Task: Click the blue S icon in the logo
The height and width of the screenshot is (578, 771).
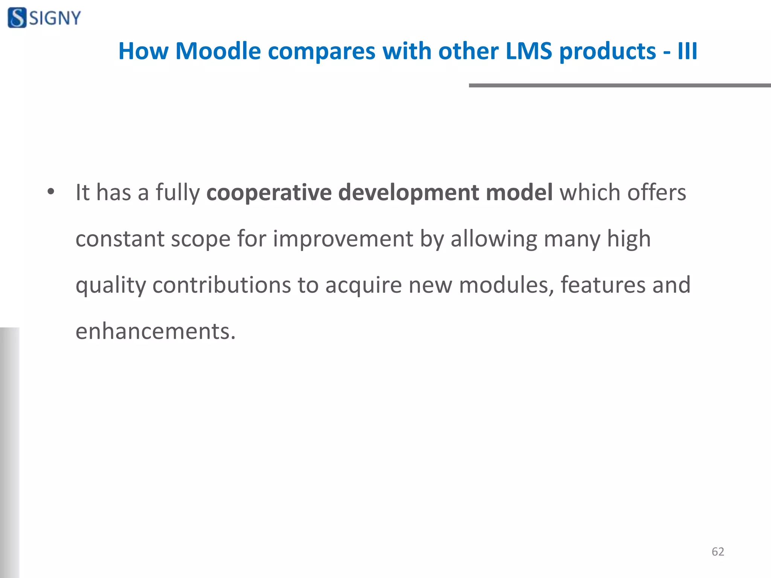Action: tap(17, 18)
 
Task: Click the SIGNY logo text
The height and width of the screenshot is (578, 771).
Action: tap(55, 18)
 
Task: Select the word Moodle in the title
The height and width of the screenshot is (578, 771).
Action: tap(218, 51)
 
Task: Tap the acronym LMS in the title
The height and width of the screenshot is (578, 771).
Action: tap(529, 51)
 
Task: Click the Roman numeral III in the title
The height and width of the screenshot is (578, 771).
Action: tap(687, 51)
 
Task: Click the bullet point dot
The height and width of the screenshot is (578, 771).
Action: tap(51, 192)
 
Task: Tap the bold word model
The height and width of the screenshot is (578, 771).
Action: tap(519, 192)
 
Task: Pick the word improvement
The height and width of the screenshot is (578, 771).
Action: tap(343, 239)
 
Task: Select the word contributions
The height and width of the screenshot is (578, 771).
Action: tap(222, 285)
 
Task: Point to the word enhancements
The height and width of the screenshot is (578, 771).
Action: tap(155, 331)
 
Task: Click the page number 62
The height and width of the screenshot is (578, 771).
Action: tap(718, 552)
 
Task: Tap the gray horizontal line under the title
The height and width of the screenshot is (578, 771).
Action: tap(620, 85)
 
